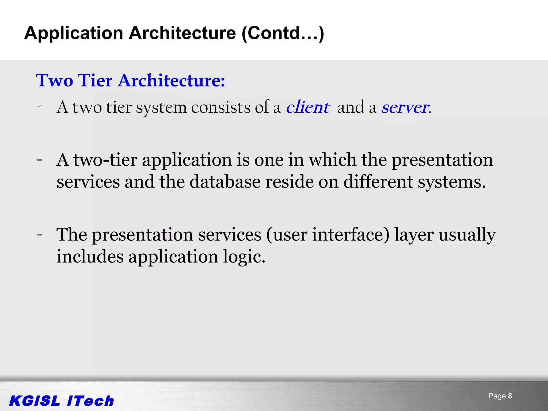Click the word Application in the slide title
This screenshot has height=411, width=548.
[x=74, y=33]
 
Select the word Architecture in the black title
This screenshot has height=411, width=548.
[x=182, y=33]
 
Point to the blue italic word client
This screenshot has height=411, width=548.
[x=308, y=107]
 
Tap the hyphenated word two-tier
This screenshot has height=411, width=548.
[x=105, y=160]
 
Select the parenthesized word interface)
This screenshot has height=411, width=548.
[x=351, y=235]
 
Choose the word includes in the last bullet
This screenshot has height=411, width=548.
[x=90, y=256]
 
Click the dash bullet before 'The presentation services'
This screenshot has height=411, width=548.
[x=39, y=235]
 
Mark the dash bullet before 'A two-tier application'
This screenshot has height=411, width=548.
[x=39, y=160]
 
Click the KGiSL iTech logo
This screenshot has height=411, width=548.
[x=62, y=401]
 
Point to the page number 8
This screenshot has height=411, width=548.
[x=510, y=396]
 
